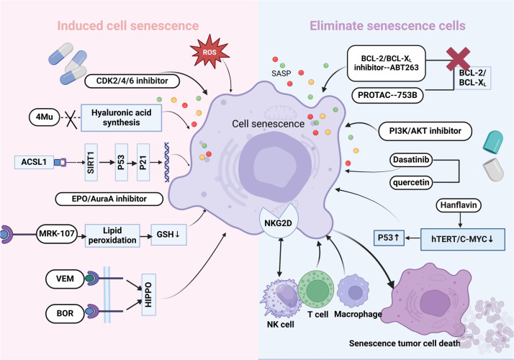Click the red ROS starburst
point(209,51)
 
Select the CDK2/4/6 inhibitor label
point(132,81)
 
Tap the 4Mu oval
point(45,117)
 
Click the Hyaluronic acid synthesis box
point(121,117)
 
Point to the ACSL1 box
point(34,162)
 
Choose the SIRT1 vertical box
point(91,162)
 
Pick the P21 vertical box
point(143,162)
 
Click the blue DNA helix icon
point(167,162)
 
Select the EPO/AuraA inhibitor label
point(109,199)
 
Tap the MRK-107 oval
point(57,234)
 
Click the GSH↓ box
point(168,235)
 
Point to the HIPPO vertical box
point(148,294)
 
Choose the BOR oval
point(65,313)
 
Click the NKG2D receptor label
point(278,222)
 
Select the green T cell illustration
point(316,289)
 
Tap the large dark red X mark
point(459,59)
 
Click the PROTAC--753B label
point(387,96)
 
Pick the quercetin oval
point(411,182)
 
